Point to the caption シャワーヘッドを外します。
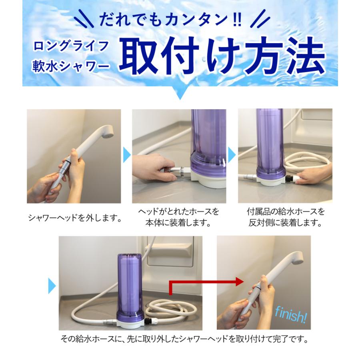(74, 218)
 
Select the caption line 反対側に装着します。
(284, 223)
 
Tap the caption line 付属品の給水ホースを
(284, 211)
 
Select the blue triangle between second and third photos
(232, 154)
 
